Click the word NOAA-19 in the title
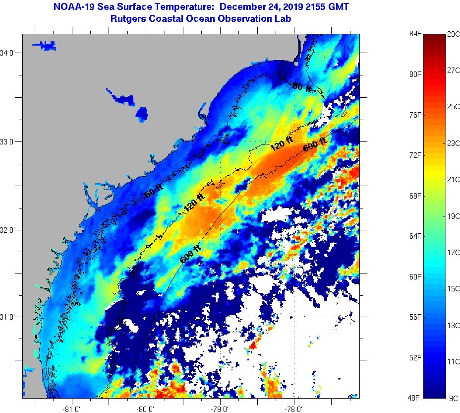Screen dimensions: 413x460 tap(69, 7)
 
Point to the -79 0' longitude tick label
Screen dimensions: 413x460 tap(220, 409)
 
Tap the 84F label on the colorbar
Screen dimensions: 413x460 tap(415, 34)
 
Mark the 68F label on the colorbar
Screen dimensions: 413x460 tap(415, 196)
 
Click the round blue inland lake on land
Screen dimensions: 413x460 tap(142, 114)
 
